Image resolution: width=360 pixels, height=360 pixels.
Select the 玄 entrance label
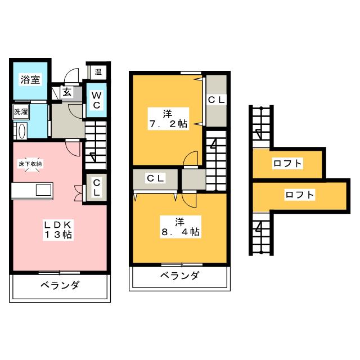point(66,92)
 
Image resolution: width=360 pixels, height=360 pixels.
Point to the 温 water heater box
point(98,71)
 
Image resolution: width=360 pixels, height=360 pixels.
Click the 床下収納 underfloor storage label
point(30,163)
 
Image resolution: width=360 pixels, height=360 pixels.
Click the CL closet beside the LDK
point(97,187)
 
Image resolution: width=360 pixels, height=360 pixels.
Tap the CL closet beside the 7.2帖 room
point(217,100)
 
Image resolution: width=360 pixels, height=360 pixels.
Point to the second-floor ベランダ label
point(179,276)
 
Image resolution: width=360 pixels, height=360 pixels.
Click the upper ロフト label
point(287,164)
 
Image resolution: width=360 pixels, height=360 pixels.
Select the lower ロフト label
point(299,195)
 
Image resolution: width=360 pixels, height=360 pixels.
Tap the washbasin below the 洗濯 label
point(21,131)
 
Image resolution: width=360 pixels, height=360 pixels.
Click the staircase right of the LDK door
point(96,145)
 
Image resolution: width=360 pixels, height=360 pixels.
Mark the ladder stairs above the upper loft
point(261,125)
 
